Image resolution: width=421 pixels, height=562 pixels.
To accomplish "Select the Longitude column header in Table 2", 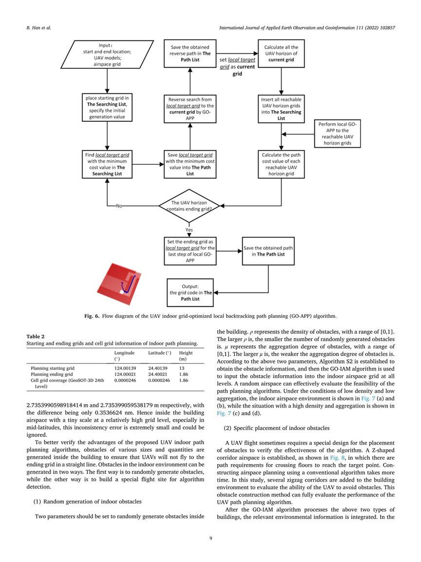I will (124, 353).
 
